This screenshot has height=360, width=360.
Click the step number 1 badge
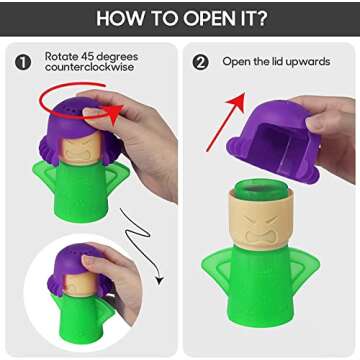coord(23,62)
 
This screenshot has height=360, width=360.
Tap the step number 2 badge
coord(201,62)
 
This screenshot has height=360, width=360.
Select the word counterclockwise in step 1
coord(90,67)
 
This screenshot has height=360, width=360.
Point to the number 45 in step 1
coord(88,56)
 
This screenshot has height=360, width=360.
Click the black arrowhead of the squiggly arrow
coord(160,281)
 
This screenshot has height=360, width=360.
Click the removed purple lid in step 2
coord(273,141)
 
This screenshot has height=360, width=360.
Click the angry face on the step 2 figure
coord(261,229)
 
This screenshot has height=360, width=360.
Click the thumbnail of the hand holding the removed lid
coord(313,124)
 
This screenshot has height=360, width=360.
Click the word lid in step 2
coord(274,61)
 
